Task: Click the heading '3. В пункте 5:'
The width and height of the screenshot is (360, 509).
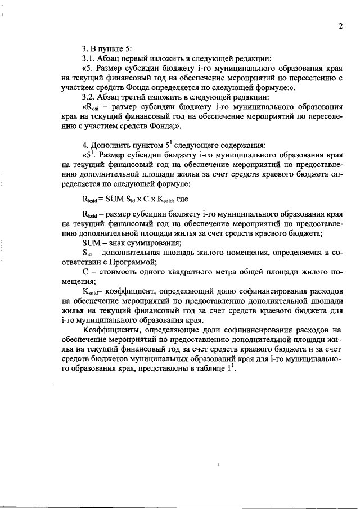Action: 107,49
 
